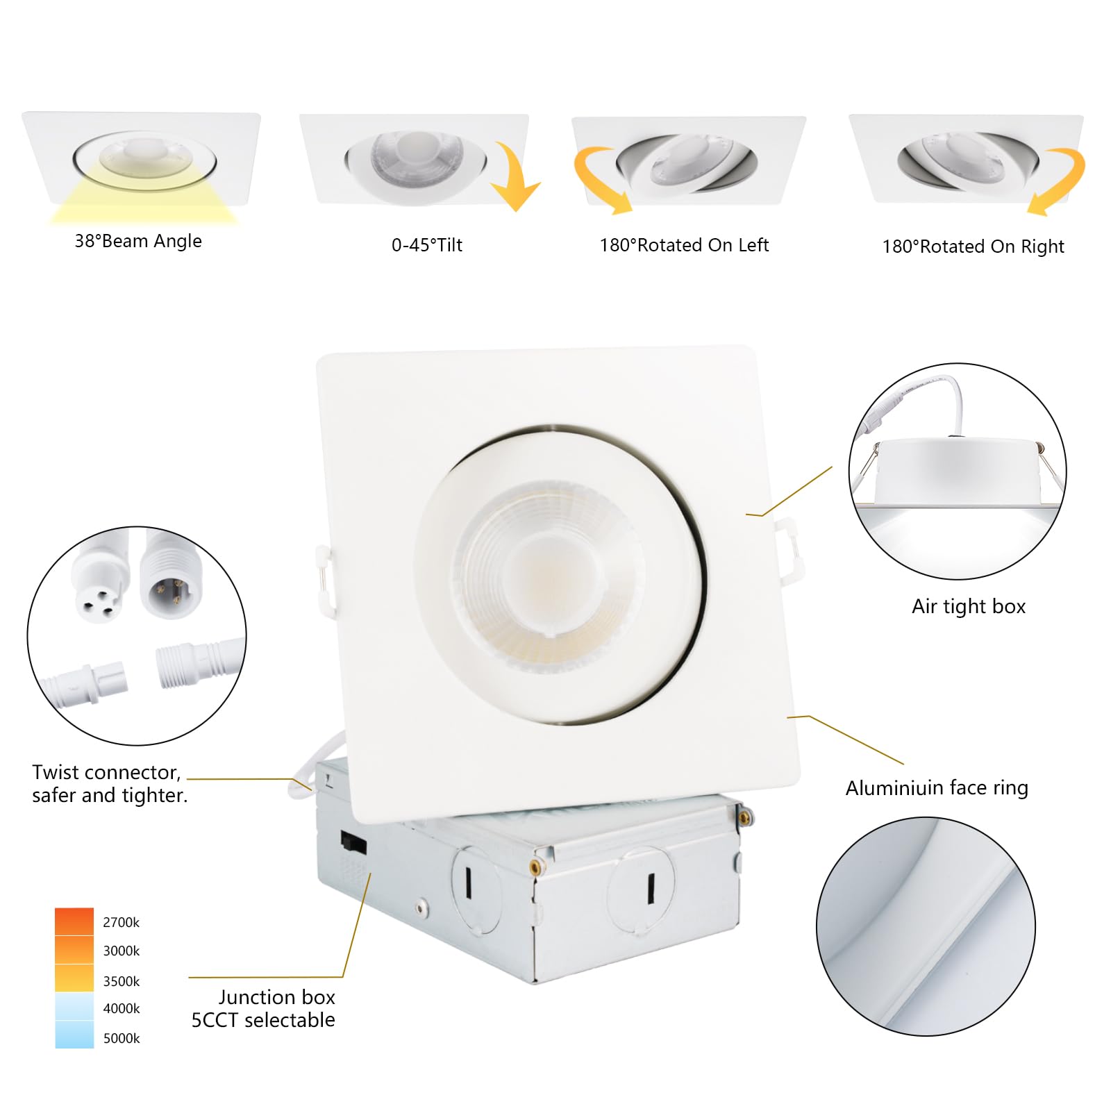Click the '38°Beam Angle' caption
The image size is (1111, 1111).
138,241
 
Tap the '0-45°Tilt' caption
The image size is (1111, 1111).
426,245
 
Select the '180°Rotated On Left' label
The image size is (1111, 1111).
684,245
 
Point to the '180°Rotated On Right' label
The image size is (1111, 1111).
973,247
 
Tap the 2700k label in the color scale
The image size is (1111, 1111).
121,923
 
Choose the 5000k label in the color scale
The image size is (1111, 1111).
121,1039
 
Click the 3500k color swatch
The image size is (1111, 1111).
74,978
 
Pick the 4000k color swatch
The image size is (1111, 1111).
74,1006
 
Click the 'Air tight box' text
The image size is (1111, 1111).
968,606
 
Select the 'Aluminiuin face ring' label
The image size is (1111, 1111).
936,788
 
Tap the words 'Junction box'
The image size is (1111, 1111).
276,997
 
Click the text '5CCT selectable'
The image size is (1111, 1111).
262,1020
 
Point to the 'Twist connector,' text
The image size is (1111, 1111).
106,772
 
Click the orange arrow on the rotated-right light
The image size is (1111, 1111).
1059,181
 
